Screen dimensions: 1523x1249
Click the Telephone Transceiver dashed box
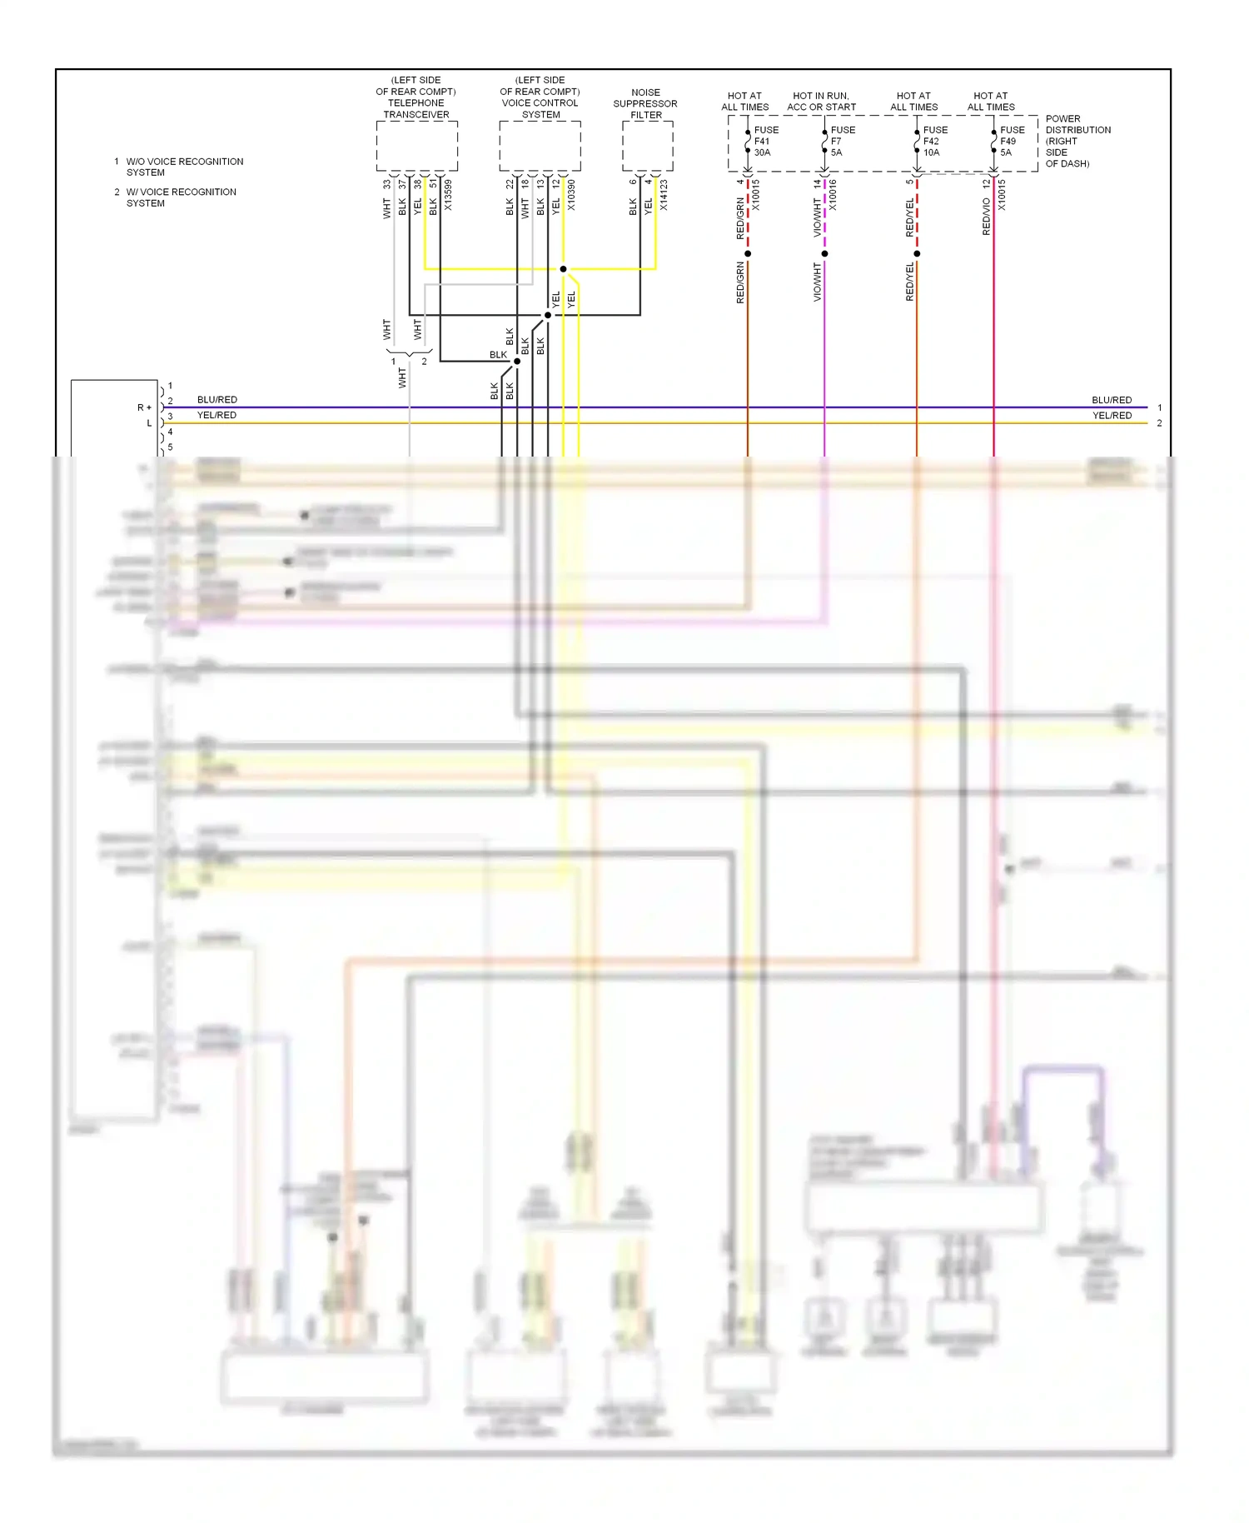(x=416, y=146)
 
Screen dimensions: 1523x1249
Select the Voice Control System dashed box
(x=540, y=146)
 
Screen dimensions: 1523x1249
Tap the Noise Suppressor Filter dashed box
(x=647, y=146)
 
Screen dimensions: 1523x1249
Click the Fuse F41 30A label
(x=765, y=141)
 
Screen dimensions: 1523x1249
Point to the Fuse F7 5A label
(x=842, y=141)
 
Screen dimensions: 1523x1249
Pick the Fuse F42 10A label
(x=934, y=141)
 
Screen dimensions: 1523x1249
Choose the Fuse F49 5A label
(x=1012, y=141)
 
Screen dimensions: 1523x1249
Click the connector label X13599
(x=448, y=194)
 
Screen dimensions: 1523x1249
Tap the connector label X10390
(x=571, y=194)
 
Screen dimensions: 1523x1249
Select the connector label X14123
(x=664, y=194)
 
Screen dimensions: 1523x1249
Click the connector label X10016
(x=833, y=194)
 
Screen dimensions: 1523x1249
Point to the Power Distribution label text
(x=1077, y=141)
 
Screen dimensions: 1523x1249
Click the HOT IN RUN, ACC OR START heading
(x=821, y=101)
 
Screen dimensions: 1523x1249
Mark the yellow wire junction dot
(x=563, y=269)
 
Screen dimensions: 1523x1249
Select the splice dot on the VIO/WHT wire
(x=824, y=253)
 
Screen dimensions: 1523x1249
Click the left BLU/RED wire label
(x=216, y=400)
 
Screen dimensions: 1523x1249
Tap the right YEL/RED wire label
(x=1112, y=416)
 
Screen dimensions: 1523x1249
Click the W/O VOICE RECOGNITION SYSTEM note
(x=184, y=167)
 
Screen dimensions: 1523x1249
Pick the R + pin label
(x=144, y=407)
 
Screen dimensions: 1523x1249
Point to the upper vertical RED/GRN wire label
(x=740, y=218)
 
